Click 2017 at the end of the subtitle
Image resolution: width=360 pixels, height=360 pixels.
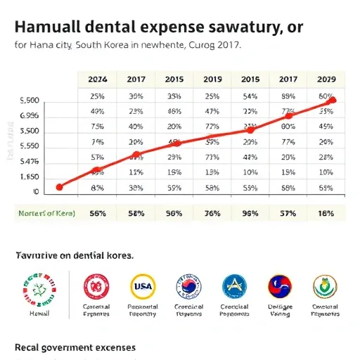click(x=226, y=46)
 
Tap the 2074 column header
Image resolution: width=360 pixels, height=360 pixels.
click(x=97, y=80)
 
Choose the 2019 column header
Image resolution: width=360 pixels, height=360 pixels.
click(x=212, y=80)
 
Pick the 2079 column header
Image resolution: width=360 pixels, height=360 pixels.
click(x=326, y=80)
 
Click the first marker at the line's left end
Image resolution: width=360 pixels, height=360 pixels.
click(x=59, y=187)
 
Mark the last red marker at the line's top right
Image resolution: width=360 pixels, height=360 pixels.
click(x=333, y=100)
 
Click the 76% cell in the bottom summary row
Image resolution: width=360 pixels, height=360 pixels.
click(x=212, y=212)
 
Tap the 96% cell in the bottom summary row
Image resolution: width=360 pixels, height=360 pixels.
click(x=250, y=212)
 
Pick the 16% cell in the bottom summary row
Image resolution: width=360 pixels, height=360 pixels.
click(x=326, y=212)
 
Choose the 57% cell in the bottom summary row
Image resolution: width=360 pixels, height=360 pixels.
click(x=288, y=212)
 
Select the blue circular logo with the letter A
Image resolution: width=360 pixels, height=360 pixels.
click(x=234, y=286)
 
